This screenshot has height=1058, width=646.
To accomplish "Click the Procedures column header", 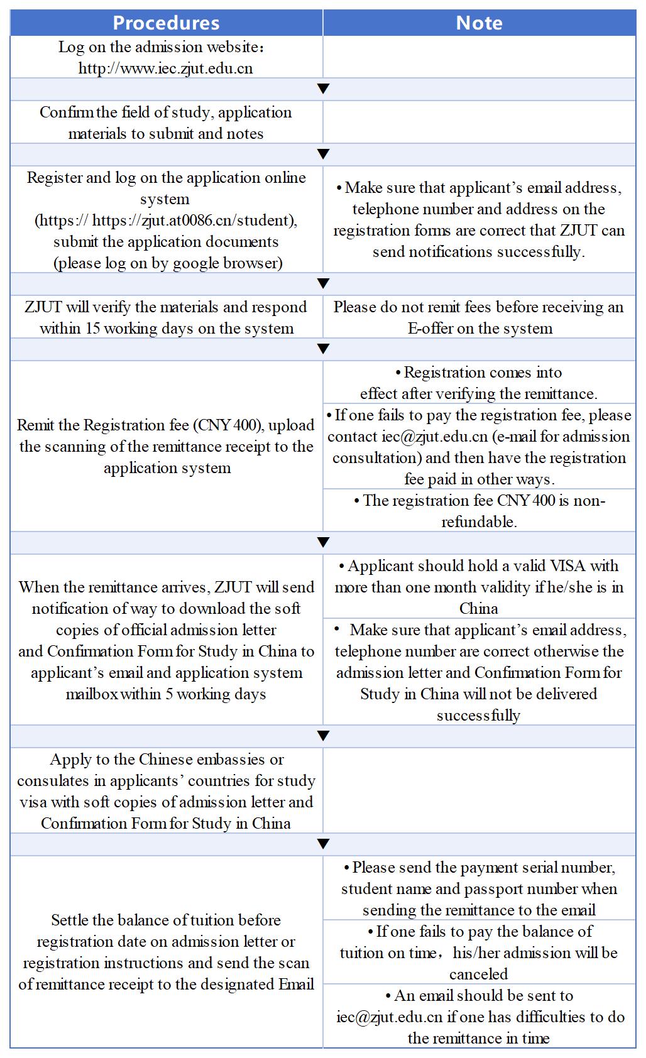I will [166, 23].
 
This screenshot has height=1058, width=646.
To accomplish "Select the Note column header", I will [479, 23].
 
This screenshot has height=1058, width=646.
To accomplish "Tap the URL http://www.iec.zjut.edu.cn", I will [166, 68].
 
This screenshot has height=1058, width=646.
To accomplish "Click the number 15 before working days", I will [92, 329].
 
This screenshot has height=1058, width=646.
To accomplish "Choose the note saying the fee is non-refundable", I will [479, 511].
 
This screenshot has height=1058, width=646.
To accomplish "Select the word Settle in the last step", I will [69, 920].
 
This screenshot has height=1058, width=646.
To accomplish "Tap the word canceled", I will [479, 974].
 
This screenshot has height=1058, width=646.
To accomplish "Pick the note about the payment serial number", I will [479, 888].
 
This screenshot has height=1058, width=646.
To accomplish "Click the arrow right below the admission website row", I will [323, 89].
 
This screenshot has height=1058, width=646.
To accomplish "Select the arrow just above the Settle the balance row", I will [323, 844].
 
